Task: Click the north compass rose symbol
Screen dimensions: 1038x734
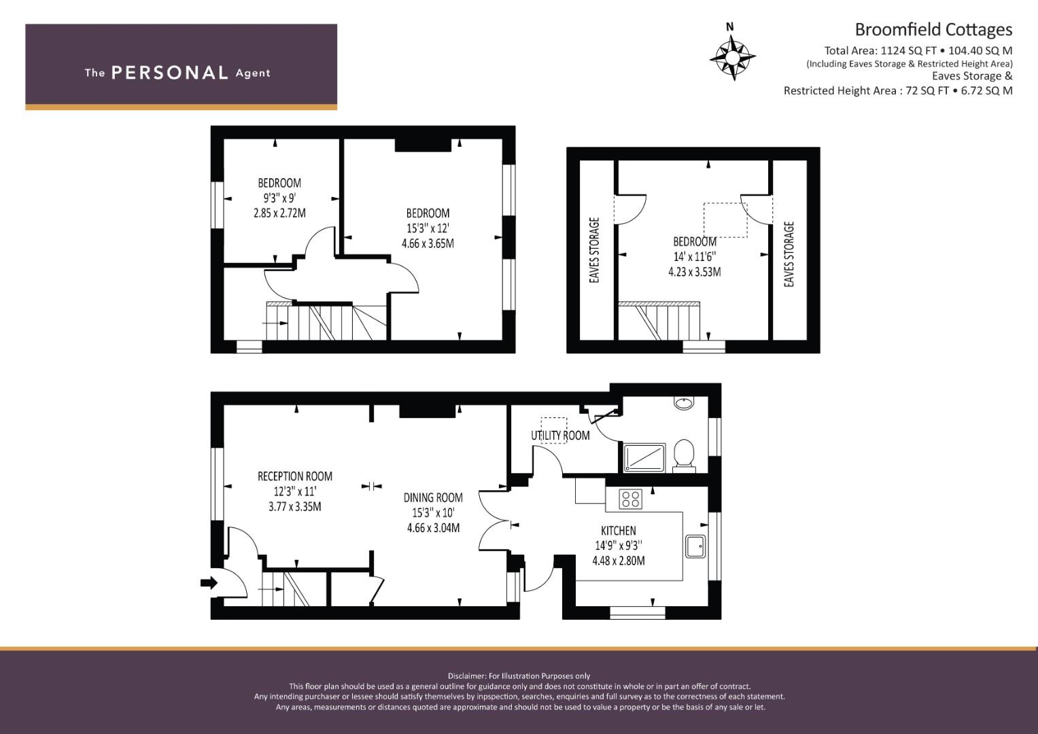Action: coord(732,58)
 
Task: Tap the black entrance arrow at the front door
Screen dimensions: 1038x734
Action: coord(209,582)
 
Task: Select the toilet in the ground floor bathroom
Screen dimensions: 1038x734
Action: coord(684,455)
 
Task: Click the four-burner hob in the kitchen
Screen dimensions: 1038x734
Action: coord(630,499)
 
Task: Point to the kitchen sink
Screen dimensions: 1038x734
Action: coord(695,546)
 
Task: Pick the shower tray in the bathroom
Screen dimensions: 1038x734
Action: coord(644,458)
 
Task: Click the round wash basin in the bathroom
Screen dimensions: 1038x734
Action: coord(684,402)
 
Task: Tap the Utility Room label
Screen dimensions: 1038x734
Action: coord(560,436)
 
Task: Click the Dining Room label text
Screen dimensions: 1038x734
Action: coord(433,497)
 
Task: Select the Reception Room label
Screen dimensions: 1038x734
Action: coord(295,476)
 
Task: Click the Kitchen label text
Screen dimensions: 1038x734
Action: coord(619,531)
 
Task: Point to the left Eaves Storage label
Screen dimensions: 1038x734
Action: coord(595,250)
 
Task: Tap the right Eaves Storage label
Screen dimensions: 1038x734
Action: coord(789,254)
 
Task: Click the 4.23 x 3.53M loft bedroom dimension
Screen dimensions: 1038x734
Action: coord(695,272)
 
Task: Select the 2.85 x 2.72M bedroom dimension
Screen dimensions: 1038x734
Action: coord(279,213)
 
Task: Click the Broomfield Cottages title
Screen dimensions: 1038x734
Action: coord(933,30)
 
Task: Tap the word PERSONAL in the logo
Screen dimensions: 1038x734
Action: coord(170,73)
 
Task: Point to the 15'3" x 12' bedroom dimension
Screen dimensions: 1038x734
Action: coord(428,228)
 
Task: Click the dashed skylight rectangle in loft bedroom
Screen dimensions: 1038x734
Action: coord(725,220)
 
